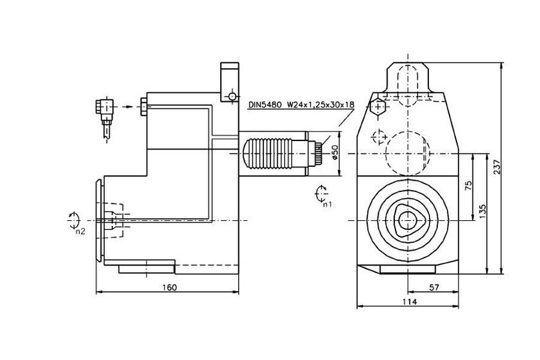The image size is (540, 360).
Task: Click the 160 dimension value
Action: tap(170, 287)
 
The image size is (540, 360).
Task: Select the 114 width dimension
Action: tap(409, 302)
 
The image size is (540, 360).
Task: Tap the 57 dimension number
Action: tap(434, 287)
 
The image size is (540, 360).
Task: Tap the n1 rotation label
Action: tap(326, 204)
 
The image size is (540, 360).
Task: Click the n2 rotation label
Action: tap(80, 230)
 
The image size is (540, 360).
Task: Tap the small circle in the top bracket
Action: tap(232, 96)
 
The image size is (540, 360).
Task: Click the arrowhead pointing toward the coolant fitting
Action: tap(128, 106)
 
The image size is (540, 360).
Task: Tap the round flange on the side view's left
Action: tap(99, 221)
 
